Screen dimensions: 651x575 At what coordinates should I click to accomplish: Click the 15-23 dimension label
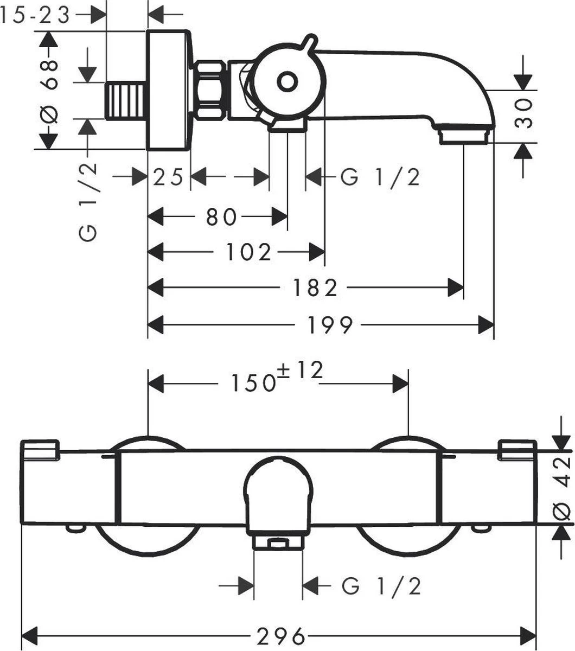click(35, 16)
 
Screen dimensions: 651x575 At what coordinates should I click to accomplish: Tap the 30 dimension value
click(523, 112)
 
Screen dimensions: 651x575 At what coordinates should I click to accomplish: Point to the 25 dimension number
click(168, 177)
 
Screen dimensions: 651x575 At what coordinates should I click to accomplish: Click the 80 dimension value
click(221, 218)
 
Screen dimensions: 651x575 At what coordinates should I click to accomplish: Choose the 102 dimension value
click(248, 252)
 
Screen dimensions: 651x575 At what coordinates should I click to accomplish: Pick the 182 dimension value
click(315, 288)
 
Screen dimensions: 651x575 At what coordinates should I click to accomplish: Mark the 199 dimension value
click(330, 326)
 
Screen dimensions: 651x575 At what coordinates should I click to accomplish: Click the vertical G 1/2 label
click(88, 201)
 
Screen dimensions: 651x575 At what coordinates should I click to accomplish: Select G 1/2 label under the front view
click(382, 586)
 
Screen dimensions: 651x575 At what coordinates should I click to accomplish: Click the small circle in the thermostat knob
click(287, 82)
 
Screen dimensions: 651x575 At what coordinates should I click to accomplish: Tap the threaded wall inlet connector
click(126, 101)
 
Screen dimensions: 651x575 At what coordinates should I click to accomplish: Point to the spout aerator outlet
click(464, 135)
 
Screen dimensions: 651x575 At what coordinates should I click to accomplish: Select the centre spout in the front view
click(278, 494)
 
